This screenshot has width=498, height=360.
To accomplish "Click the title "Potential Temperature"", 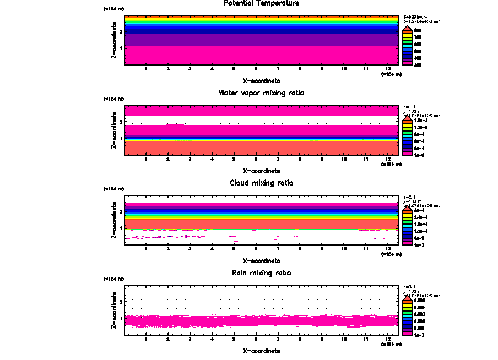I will click(262, 3).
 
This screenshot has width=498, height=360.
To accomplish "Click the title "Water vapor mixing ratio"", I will click(262, 93).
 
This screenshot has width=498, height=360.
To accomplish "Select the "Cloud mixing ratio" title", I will click(262, 183).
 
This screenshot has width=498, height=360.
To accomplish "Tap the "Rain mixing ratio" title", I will click(262, 273).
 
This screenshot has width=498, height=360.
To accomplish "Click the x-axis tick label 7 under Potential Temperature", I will click(278, 69).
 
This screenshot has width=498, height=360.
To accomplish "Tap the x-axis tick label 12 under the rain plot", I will click(388, 339).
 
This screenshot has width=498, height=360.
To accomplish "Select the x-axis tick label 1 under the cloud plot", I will click(146, 249).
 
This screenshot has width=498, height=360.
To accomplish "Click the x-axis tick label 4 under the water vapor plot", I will click(212, 159).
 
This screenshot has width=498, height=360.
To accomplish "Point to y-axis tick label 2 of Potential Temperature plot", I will click(121, 32).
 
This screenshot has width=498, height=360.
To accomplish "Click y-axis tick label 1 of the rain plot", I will click(121, 318).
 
